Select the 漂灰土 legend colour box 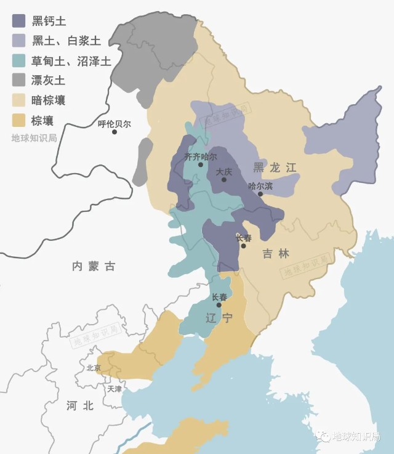pos(19,80)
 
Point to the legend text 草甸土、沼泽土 pos(71,60)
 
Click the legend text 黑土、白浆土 pos(66,41)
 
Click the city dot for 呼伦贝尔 pos(115,132)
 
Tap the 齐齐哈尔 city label pos(201,156)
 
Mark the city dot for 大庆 pos(224,179)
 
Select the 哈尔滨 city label pos(260,185)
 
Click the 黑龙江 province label pos(275,167)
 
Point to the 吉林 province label pos(275,253)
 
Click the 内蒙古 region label pos(94,266)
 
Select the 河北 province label pos(80,405)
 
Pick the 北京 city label pos(94,368)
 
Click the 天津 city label pos(115,389)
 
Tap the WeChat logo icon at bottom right pos(323,436)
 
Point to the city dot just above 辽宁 pos(219,305)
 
